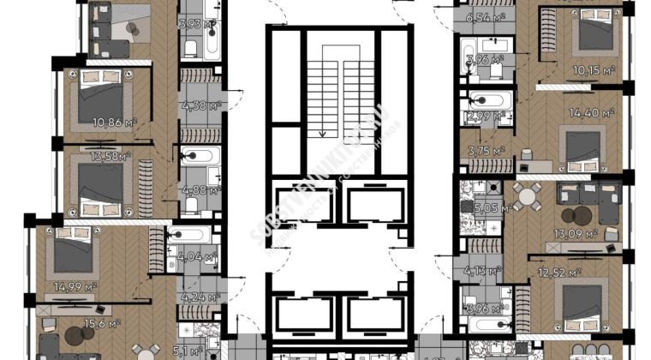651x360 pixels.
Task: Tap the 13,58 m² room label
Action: [112, 157]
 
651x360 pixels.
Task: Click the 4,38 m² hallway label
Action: [202, 106]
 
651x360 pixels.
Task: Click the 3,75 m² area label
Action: [486, 151]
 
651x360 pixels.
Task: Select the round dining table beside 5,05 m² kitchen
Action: [524, 198]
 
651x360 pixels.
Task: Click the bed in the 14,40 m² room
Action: [582, 147]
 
